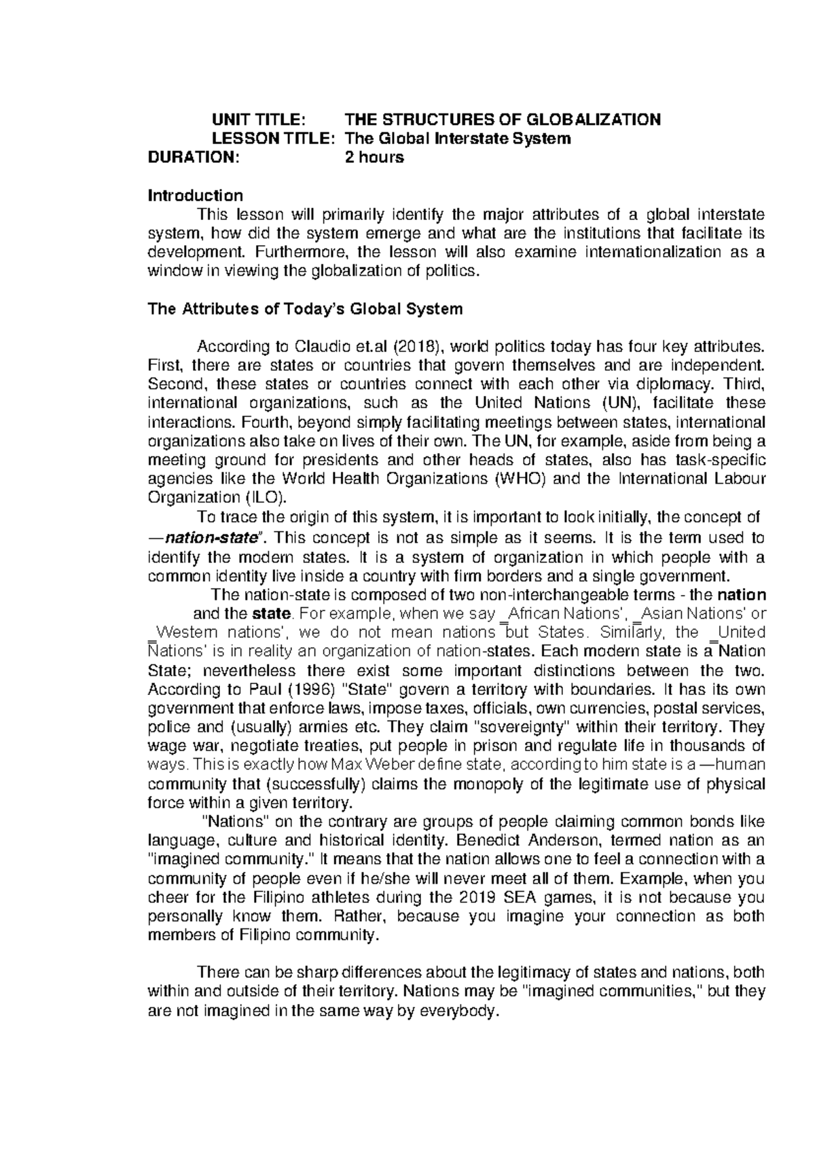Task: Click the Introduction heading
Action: pos(195,196)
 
